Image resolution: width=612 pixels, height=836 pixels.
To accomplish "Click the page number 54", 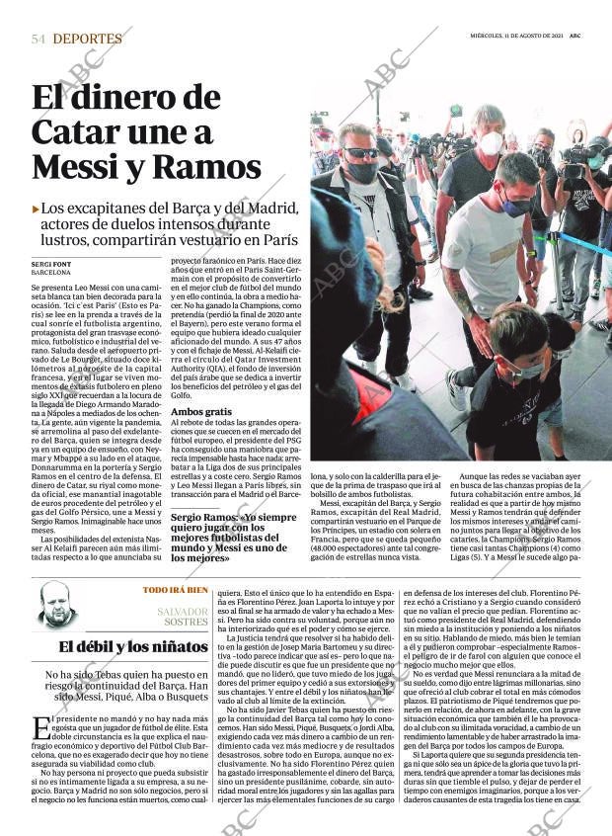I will tap(38, 39).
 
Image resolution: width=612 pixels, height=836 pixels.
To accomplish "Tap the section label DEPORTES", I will tap(88, 39).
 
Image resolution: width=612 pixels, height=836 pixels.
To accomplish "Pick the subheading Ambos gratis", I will tap(201, 410).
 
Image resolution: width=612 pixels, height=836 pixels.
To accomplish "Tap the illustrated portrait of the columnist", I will tap(56, 606).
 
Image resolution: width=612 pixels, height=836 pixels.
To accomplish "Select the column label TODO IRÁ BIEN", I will tap(176, 590).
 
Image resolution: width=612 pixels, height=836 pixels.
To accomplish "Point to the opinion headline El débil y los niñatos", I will tap(132, 648).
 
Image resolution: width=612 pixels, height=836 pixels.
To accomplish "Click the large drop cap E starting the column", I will tap(40, 728).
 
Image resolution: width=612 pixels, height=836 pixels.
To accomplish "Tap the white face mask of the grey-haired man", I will tap(490, 144).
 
